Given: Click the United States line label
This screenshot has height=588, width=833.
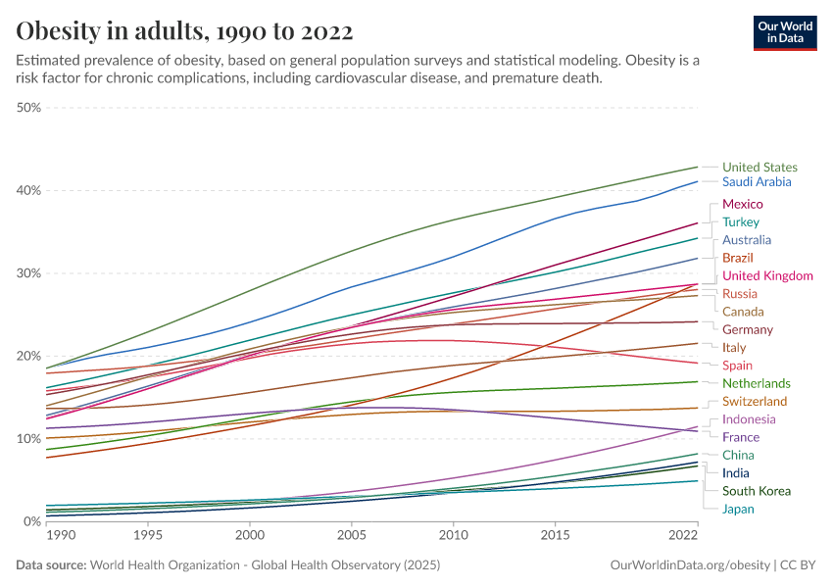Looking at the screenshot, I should coord(759,168).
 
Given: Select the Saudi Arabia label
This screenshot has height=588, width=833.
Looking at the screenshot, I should coord(757,182).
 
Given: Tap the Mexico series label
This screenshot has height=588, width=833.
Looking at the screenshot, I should coord(742,204).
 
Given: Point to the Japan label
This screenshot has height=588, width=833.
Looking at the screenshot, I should coord(738,509).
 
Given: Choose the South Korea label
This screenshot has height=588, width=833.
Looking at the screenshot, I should coord(756,491).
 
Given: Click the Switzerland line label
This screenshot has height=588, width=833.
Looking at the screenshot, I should coord(755,402).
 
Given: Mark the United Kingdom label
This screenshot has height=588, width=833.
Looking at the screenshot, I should coord(767,276).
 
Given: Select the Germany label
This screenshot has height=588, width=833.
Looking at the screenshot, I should coord(748,330).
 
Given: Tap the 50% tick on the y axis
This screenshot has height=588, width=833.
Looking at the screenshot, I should coord(29,108).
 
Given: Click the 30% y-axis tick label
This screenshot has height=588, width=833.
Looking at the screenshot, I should coord(29,273).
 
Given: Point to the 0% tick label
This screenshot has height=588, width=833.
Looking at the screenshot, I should coord(32,521).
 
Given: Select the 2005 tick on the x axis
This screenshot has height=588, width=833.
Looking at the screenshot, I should coord(352,537).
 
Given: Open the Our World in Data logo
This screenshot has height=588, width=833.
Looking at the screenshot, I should coord(784,32).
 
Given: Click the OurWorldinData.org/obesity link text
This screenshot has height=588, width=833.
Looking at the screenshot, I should coord(690,565).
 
